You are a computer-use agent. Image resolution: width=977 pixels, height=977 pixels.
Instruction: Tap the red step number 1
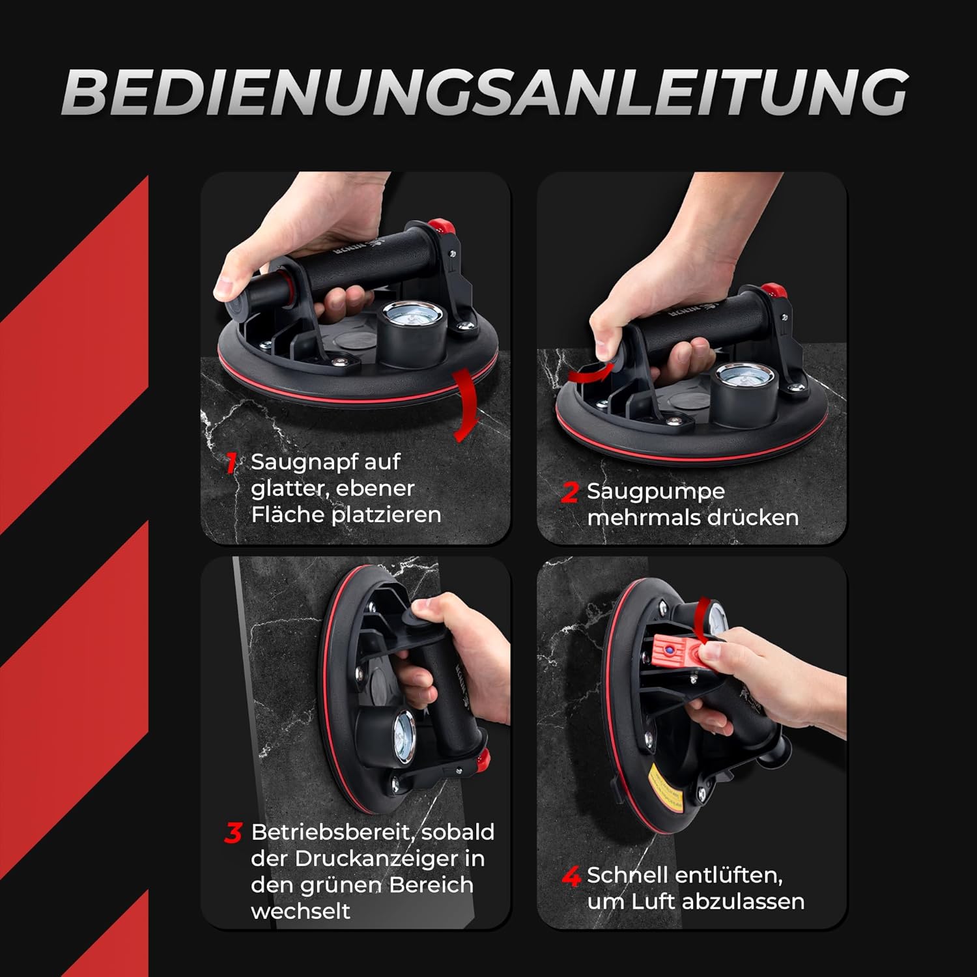232,462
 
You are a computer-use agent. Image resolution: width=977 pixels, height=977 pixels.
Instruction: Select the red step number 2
569,492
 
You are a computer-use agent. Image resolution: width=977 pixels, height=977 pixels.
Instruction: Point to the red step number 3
233,832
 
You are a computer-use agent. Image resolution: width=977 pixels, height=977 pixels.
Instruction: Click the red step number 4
571,877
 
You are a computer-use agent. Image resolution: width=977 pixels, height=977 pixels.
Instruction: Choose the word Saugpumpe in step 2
656,492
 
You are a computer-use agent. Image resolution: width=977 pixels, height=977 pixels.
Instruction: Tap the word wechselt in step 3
301,911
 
